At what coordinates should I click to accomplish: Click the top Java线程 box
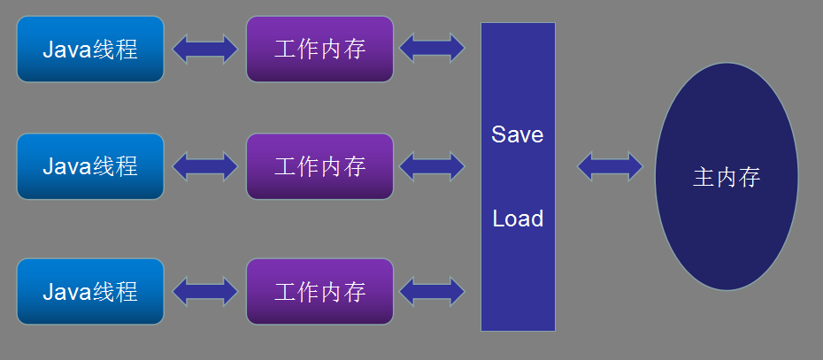(90, 49)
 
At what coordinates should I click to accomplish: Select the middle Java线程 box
(90, 165)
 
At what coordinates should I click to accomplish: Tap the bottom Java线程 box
(90, 291)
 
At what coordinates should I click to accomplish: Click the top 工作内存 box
(319, 49)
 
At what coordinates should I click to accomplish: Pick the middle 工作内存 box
(319, 165)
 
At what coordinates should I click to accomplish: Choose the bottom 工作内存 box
(319, 291)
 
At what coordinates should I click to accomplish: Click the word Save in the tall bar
(518, 135)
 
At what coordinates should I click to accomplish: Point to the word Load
(518, 218)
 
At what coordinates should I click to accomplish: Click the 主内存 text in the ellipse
(727, 178)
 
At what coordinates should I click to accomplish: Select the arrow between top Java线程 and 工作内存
(205, 49)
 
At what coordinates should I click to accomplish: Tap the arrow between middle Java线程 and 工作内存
(205, 165)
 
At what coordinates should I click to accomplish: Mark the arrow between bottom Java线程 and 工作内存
(205, 291)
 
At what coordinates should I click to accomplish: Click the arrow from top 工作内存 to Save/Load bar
(432, 48)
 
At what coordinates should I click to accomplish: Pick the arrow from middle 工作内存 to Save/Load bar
(432, 165)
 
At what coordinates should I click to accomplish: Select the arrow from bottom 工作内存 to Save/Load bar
(432, 291)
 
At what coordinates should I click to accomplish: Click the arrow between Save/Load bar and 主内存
(610, 165)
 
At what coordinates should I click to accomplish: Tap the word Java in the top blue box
(67, 49)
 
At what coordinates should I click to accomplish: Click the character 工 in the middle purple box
(285, 166)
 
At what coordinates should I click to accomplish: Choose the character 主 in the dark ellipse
(704, 178)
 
